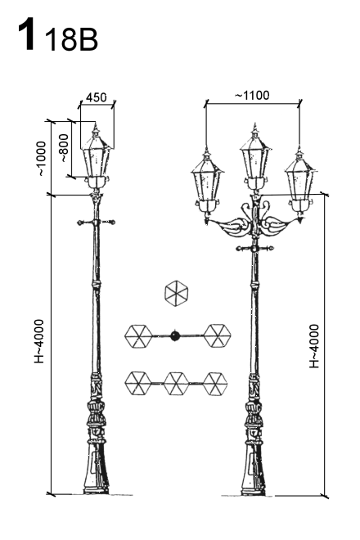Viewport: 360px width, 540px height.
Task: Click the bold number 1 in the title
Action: click(27, 34)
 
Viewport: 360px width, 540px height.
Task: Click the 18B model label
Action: click(72, 39)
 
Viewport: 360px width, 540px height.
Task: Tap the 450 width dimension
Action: click(97, 97)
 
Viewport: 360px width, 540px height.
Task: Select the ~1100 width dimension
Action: click(253, 95)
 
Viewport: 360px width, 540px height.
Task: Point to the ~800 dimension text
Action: click(65, 148)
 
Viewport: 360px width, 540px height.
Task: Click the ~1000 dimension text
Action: click(42, 159)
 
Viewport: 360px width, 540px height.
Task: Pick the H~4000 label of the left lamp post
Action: click(39, 341)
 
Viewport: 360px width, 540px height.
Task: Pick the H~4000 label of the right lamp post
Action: click(314, 346)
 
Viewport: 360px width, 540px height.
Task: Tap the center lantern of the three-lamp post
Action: click(255, 157)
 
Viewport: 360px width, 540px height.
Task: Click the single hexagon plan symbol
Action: click(177, 293)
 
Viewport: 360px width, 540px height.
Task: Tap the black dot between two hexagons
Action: click(175, 335)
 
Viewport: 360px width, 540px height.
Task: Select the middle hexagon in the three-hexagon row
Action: click(177, 383)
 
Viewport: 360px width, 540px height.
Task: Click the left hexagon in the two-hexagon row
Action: click(138, 336)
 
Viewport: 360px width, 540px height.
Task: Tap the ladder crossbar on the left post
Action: click(96, 222)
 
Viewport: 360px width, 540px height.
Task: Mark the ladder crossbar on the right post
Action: click(255, 248)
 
